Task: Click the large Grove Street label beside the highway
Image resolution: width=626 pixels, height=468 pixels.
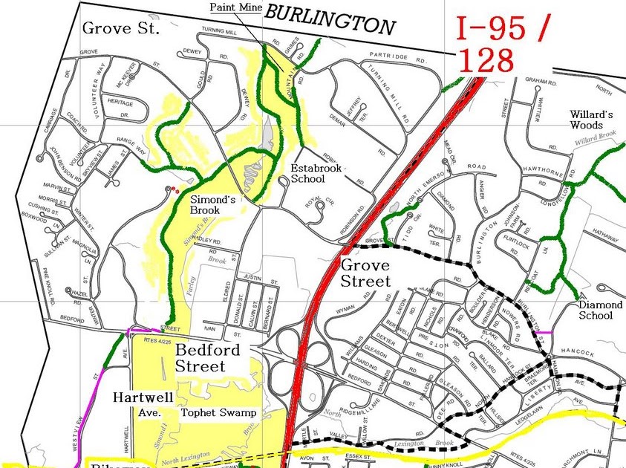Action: [x=365, y=273]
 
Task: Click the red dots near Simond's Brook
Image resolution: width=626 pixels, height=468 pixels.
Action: [x=175, y=190]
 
